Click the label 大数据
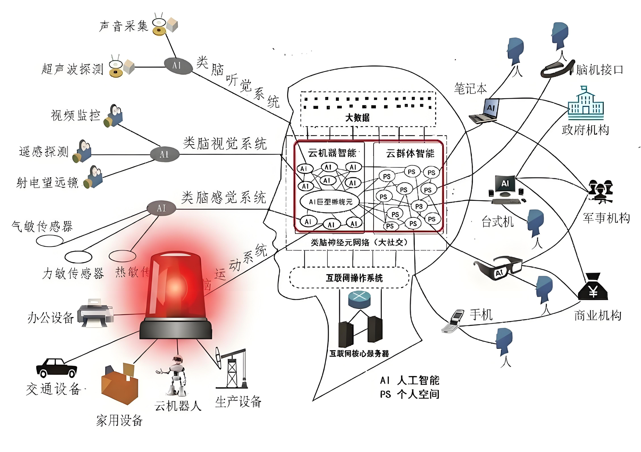(357, 118)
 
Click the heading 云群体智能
(410, 153)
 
